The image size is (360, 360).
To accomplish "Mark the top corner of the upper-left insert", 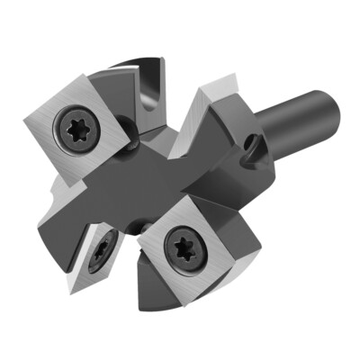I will (90, 74).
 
